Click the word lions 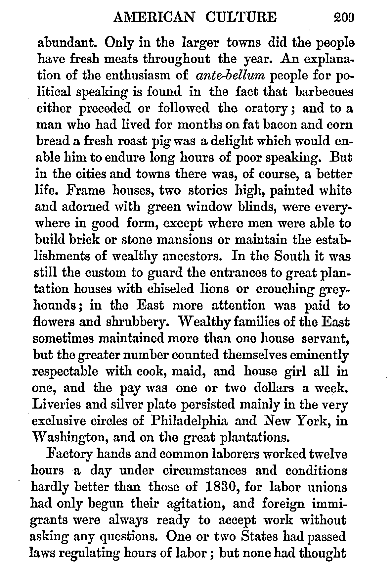pos(216,289)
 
